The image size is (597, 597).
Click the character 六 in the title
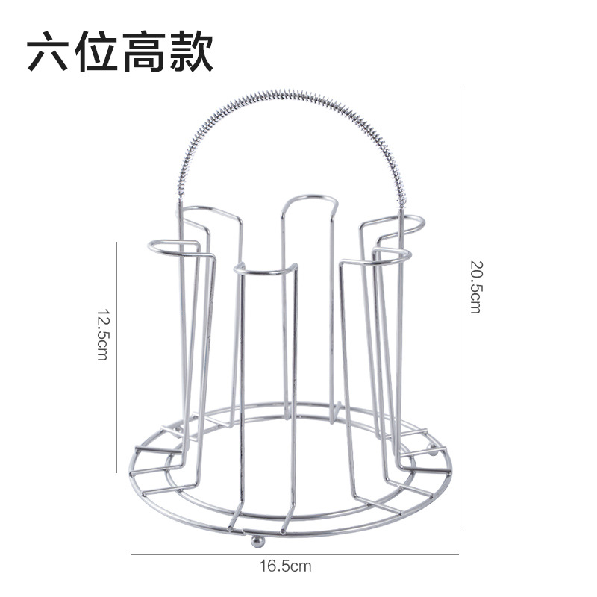(50, 51)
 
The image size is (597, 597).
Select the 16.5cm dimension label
(285, 566)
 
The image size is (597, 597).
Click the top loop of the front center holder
(265, 268)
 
